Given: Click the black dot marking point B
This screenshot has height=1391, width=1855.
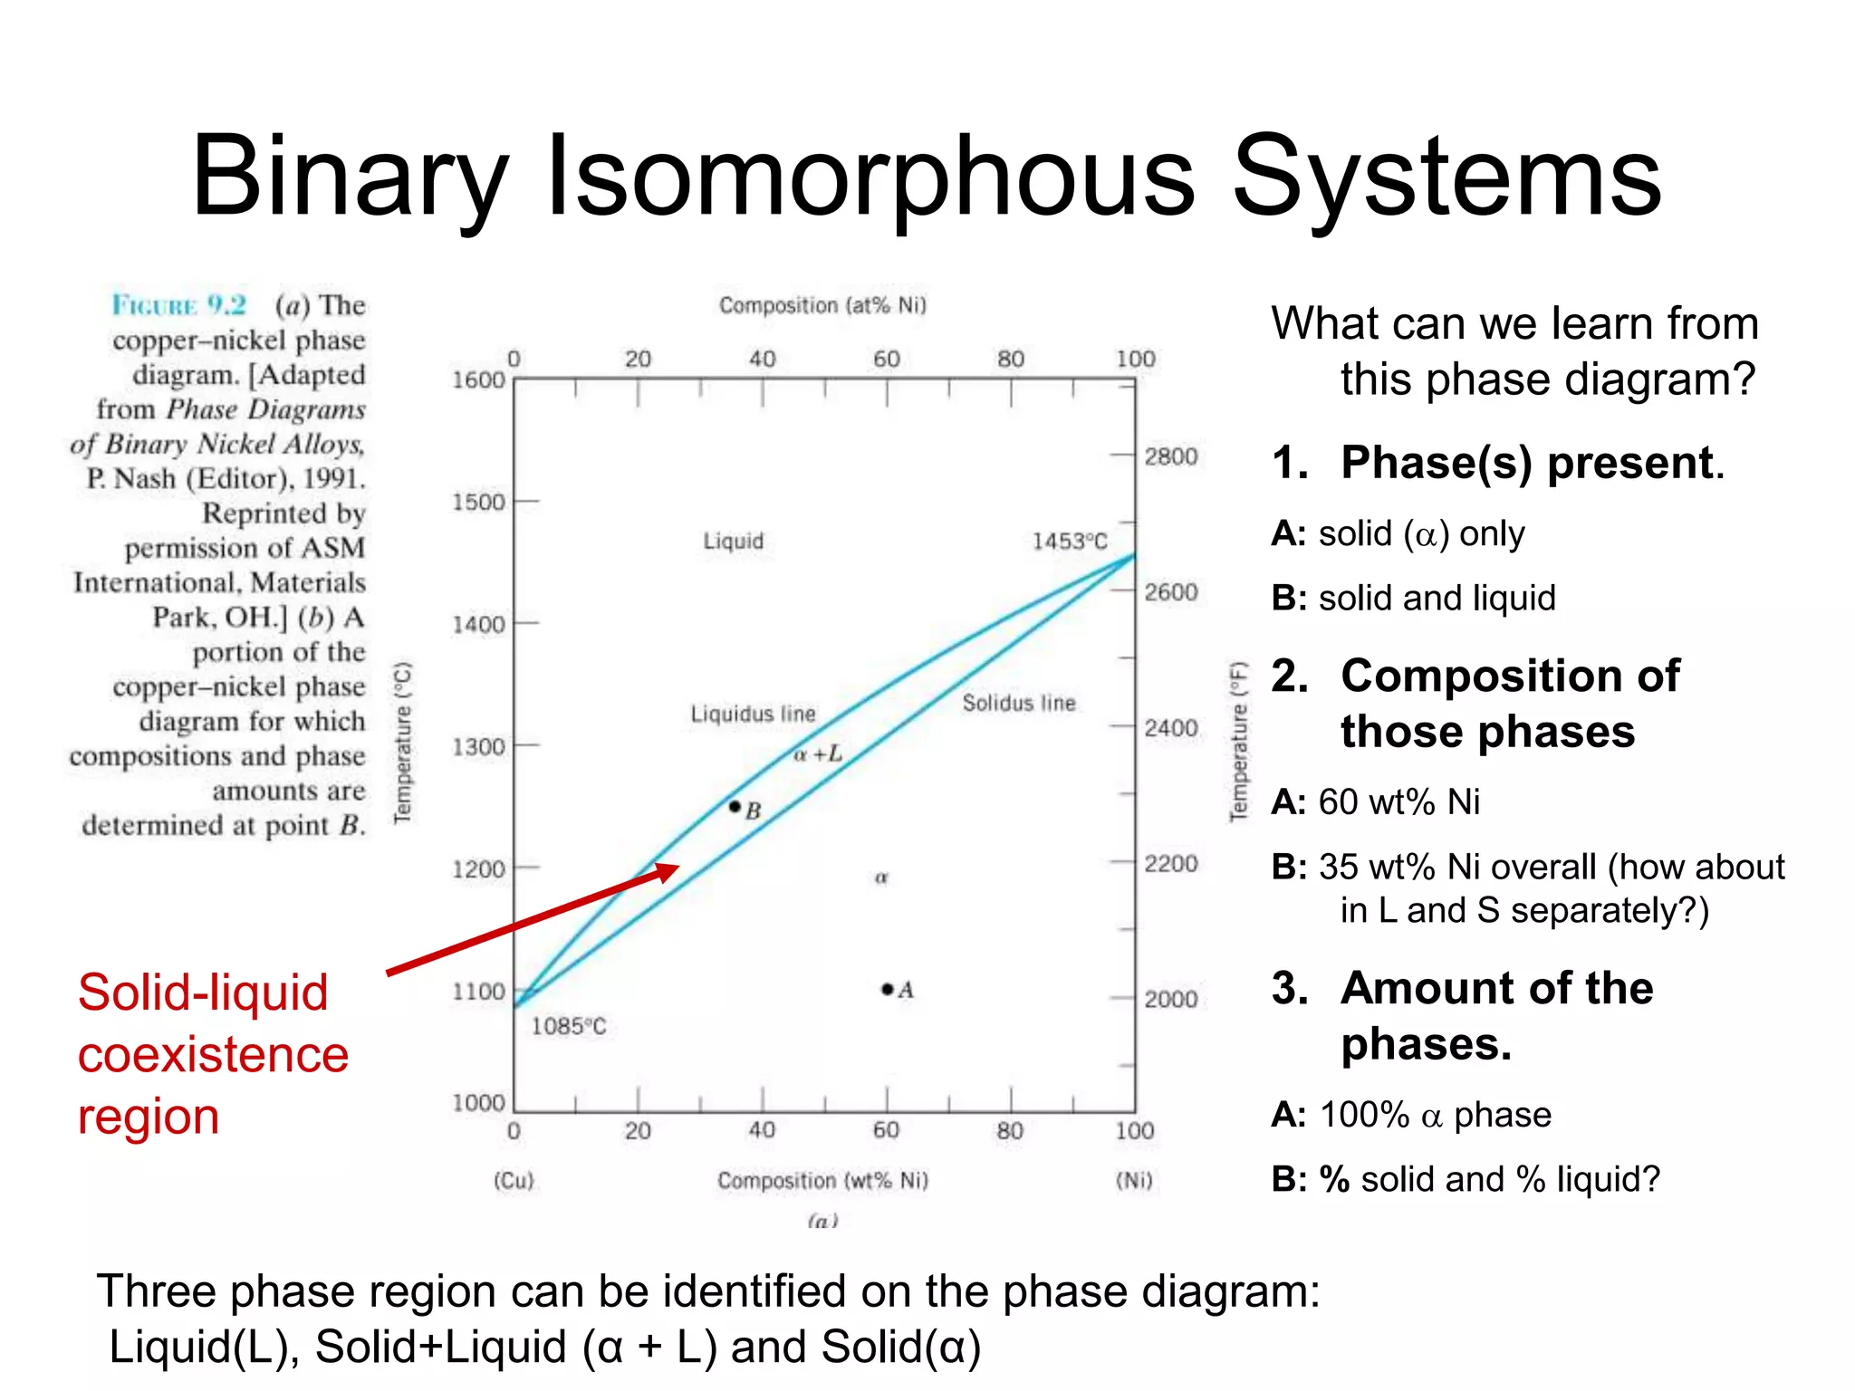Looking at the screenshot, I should pyautogui.click(x=735, y=806).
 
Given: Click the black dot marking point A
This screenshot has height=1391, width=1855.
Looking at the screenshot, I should pyautogui.click(x=888, y=989).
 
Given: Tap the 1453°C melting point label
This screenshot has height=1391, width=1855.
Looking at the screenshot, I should pyautogui.click(x=1070, y=542).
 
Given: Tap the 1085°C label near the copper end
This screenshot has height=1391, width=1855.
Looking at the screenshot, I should pyautogui.click(x=568, y=1026).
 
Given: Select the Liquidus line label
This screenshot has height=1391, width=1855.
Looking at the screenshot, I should pyautogui.click(x=753, y=714).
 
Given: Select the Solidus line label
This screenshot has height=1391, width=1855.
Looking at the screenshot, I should pyautogui.click(x=1019, y=703).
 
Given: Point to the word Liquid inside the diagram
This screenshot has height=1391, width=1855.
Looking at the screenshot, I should pyautogui.click(x=734, y=542).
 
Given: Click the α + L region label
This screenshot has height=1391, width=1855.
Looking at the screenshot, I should pyautogui.click(x=817, y=753).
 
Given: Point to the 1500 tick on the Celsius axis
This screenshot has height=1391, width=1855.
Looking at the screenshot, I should pyautogui.click(x=478, y=502).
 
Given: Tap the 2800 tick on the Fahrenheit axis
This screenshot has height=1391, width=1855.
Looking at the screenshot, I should pyautogui.click(x=1170, y=456).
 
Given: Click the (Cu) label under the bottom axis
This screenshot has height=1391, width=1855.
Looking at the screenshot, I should pyautogui.click(x=514, y=1180).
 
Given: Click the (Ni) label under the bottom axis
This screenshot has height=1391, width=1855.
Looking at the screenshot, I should pyautogui.click(x=1134, y=1180).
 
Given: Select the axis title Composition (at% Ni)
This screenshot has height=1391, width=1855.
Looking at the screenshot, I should pyautogui.click(x=822, y=305).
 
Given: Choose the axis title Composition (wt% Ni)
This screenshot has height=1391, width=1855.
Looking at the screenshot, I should pyautogui.click(x=822, y=1180).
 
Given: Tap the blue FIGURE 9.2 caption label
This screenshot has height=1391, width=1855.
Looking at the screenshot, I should pyautogui.click(x=178, y=305).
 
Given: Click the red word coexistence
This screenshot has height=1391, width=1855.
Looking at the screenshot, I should pyautogui.click(x=213, y=1055).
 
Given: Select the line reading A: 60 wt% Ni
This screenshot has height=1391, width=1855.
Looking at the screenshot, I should pyautogui.click(x=1375, y=802).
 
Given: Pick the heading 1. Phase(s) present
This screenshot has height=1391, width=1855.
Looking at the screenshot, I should pyautogui.click(x=1497, y=463).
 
